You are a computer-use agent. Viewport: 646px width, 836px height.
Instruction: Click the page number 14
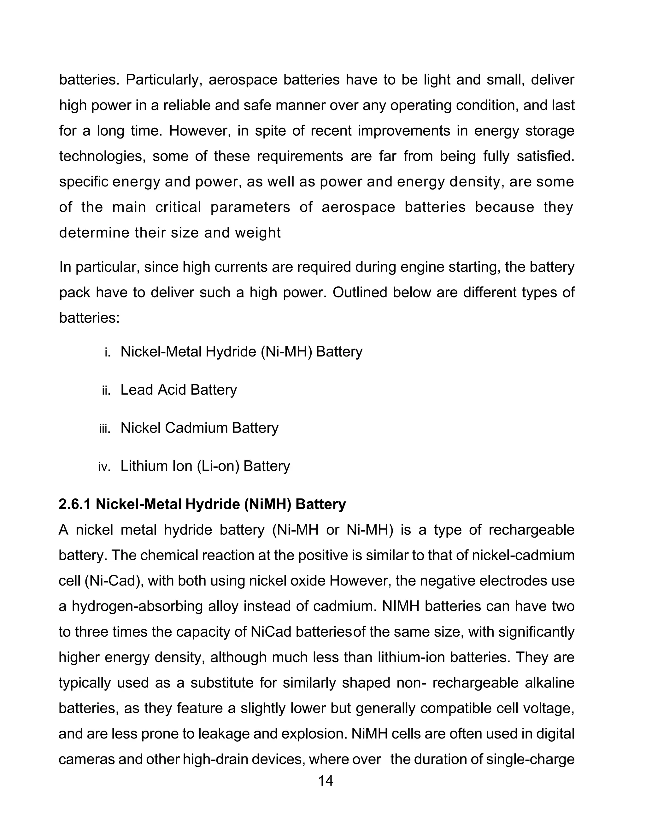325,780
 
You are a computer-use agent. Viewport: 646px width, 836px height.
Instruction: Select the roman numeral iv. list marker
104,467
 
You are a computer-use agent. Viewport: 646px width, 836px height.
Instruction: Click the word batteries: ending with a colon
90,318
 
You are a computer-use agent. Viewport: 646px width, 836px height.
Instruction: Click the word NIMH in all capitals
401,606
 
